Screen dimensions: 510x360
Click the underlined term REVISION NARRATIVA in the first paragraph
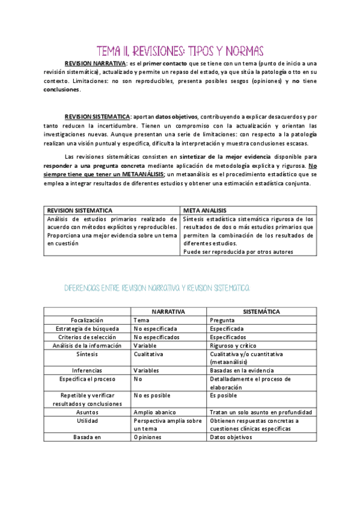pos(95,63)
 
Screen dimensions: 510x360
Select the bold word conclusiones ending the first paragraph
pos(62,90)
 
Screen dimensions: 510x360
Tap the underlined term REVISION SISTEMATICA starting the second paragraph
pos(97,116)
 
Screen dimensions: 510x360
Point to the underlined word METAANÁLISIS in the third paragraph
pos(138,174)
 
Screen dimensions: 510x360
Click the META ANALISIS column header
pos(204,210)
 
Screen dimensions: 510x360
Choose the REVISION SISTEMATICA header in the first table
pos(79,210)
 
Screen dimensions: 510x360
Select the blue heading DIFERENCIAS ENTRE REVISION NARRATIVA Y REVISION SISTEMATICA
pos(156,289)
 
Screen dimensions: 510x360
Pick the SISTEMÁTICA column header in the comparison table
pos(262,312)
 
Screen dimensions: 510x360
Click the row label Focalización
pos(87,321)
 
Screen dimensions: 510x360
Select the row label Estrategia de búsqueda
pos(87,329)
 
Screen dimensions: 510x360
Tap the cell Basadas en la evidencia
pos(241,370)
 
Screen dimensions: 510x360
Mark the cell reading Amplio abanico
pos(154,413)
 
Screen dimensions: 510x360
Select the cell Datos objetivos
pos(231,437)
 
